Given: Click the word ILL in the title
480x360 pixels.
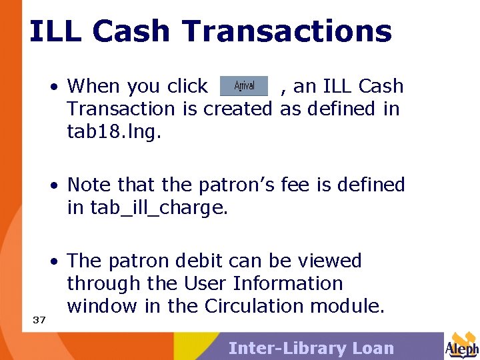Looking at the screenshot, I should tap(54, 31).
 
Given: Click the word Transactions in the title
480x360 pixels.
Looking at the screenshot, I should tap(287, 31).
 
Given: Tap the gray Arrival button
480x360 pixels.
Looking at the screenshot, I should tap(244, 86).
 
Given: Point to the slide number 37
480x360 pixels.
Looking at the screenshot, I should tap(39, 320).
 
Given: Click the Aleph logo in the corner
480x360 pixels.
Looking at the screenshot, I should tap(461, 345).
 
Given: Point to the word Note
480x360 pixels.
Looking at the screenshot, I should tap(89, 184).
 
